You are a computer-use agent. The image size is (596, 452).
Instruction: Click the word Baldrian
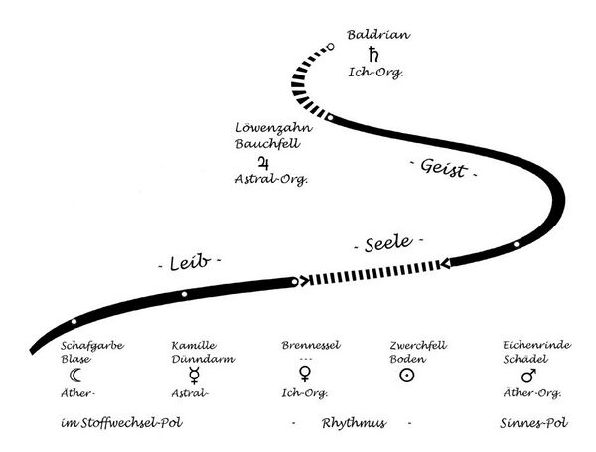377,35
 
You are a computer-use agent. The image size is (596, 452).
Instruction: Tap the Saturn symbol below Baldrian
374,54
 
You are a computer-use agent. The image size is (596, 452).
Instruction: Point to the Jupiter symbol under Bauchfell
263,161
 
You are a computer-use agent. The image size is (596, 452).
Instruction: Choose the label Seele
388,243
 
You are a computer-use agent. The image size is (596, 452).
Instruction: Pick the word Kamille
194,345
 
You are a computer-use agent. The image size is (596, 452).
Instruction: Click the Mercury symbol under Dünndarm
192,376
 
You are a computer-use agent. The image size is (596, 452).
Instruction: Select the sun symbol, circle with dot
405,376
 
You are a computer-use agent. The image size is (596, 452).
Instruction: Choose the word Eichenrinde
535,345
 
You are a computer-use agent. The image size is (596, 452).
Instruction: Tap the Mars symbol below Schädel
528,376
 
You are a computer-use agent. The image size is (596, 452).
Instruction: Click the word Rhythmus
353,423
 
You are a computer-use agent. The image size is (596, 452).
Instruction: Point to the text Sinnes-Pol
534,423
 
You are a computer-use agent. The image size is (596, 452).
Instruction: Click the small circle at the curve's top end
330,46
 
